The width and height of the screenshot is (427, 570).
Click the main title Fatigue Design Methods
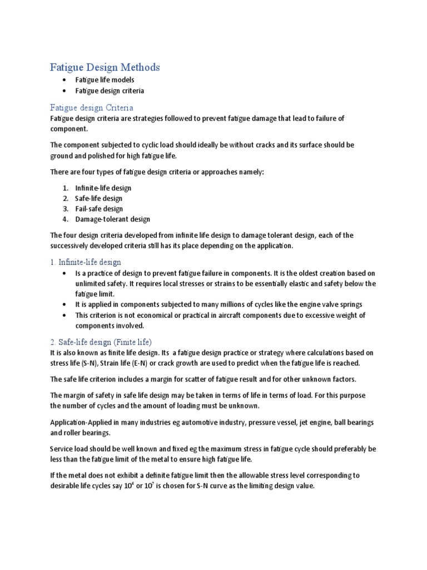(x=105, y=67)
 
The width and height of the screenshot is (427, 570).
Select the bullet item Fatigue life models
(x=105, y=80)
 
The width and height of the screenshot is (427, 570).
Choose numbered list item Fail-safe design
(x=99, y=209)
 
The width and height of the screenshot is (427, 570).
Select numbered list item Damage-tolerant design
(x=112, y=219)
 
